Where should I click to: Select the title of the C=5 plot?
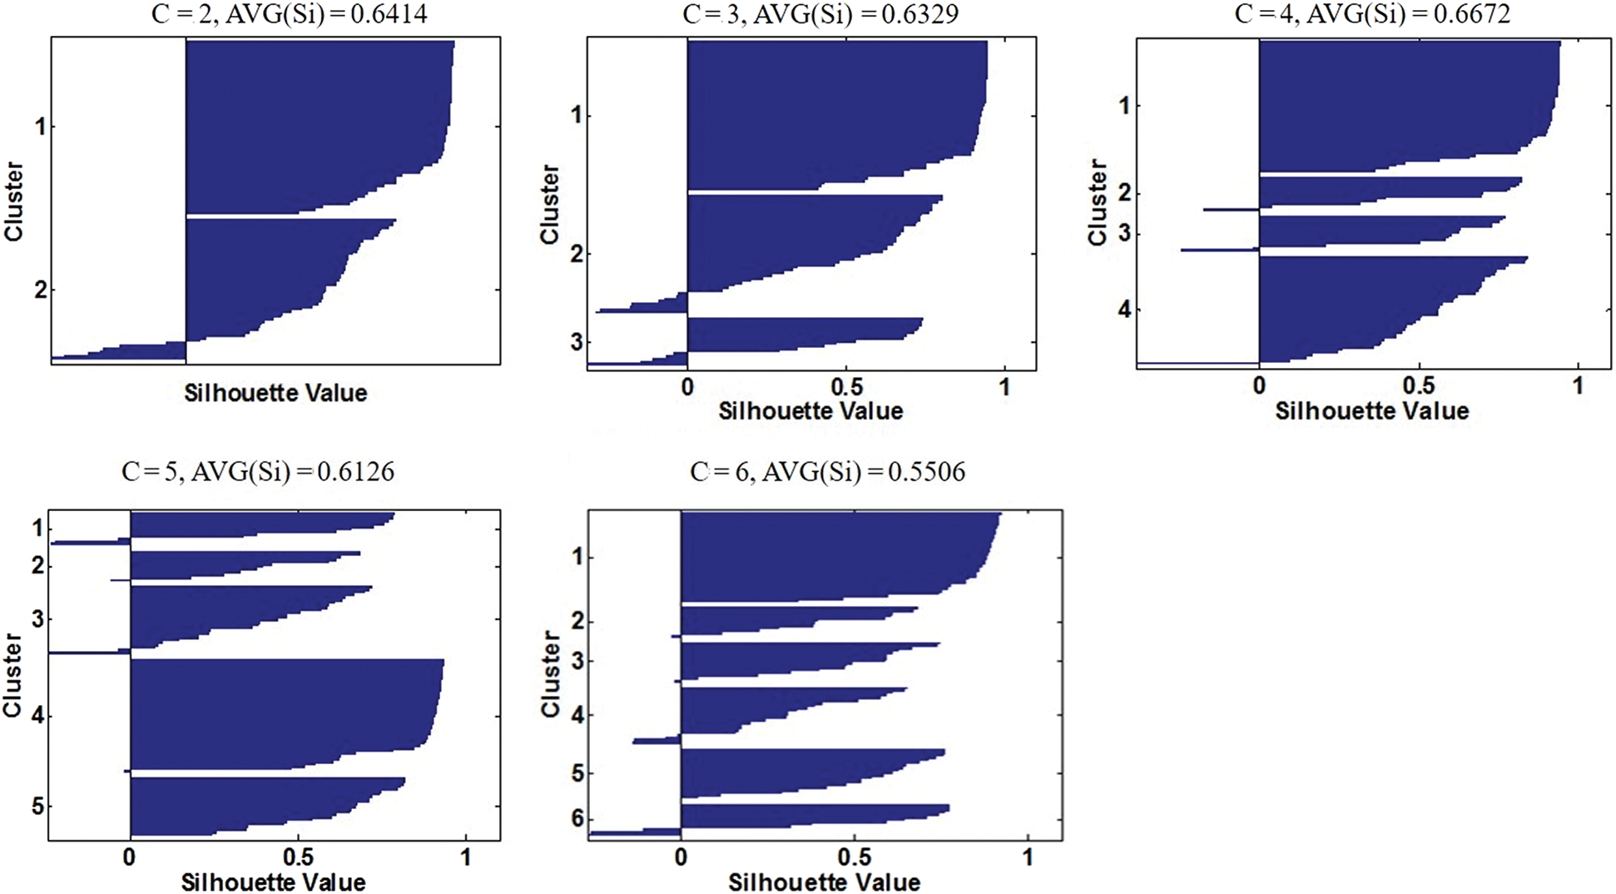[258, 473]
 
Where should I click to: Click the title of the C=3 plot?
[820, 14]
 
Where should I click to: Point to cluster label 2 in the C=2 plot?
[40, 291]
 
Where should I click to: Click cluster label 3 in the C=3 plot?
[576, 342]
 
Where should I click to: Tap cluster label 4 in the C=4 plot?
[1125, 310]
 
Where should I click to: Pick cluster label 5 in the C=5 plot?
[37, 806]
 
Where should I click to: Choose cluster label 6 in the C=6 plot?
[577, 819]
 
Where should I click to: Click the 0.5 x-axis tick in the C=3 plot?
[846, 387]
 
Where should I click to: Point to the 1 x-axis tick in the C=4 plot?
[1578, 386]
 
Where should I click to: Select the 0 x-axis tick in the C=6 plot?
[681, 857]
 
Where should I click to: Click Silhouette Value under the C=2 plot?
[275, 393]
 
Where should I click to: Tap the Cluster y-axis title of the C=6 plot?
[551, 673]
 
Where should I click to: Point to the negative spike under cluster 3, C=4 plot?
[1219, 249]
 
